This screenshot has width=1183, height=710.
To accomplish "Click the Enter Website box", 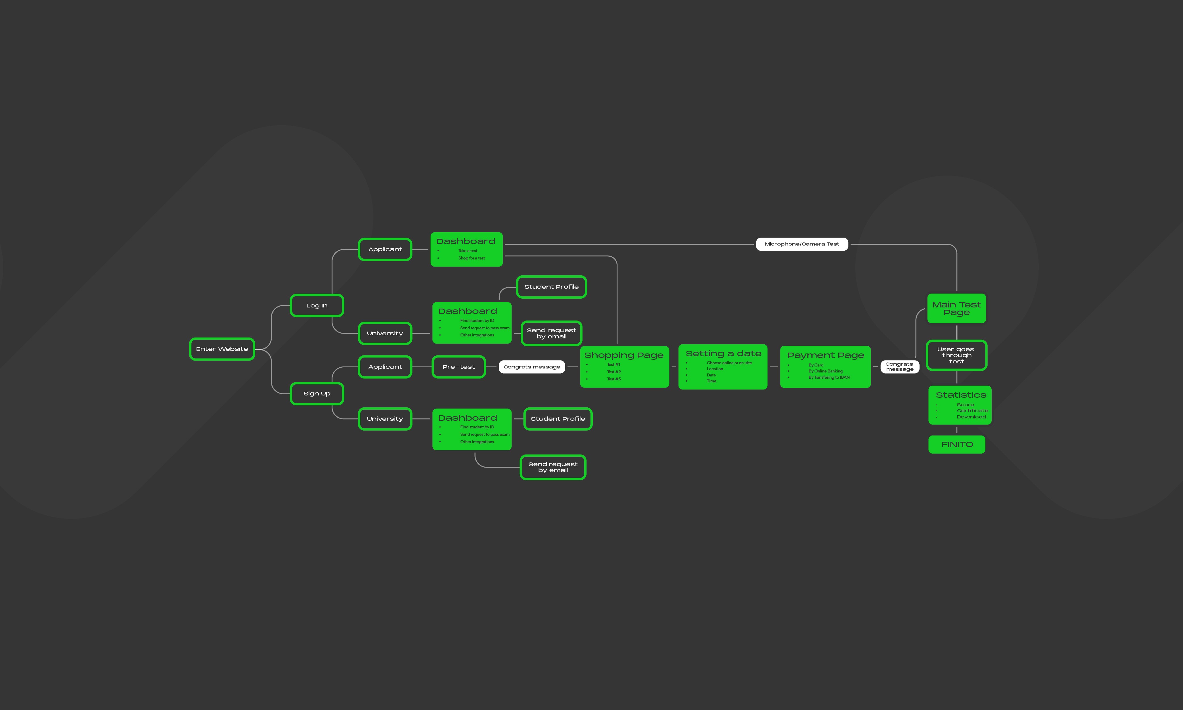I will [222, 349].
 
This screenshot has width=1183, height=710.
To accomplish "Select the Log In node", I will [317, 305].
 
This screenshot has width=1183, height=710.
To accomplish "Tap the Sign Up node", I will [317, 393].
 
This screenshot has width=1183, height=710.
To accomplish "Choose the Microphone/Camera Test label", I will [802, 244].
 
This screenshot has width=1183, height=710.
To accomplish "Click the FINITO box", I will [957, 445].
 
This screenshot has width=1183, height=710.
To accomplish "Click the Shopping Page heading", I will [624, 355].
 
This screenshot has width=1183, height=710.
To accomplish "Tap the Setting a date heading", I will [723, 353].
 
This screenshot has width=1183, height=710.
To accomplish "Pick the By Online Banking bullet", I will [826, 371].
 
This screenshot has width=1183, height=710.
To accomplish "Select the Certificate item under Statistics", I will [972, 410].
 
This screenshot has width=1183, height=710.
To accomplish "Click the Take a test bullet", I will [468, 251].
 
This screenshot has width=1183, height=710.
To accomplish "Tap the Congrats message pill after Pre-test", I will [531, 367].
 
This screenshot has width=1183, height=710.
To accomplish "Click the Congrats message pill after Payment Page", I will [899, 366].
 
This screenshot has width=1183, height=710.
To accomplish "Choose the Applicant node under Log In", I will [385, 249].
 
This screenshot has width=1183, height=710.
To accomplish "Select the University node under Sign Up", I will [385, 419].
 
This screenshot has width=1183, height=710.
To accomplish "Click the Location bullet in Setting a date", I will [715, 369].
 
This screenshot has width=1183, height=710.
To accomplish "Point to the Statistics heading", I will [960, 395].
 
